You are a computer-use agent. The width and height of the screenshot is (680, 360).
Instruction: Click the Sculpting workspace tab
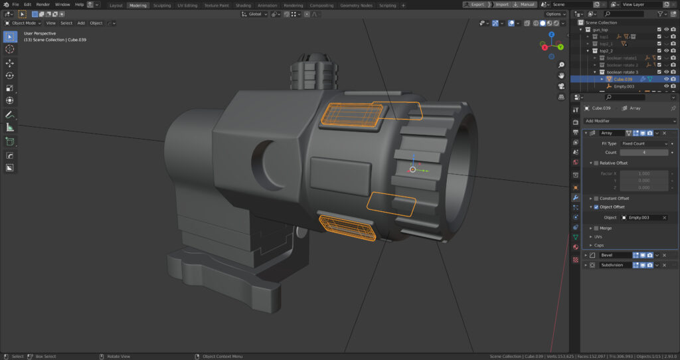click(162, 5)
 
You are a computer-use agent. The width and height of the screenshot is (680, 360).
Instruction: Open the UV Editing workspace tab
click(187, 5)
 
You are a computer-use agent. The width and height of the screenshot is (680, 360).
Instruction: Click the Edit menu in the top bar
click(27, 5)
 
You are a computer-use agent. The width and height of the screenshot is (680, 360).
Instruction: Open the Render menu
click(42, 5)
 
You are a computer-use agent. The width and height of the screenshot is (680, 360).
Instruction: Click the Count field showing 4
click(643, 152)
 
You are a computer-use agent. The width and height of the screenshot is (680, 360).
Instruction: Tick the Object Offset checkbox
click(596, 207)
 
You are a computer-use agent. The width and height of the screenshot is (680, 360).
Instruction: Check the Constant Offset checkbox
click(596, 198)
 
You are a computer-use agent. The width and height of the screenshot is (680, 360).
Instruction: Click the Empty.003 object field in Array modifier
click(644, 217)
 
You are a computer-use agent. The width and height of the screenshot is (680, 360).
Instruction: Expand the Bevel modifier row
click(586, 255)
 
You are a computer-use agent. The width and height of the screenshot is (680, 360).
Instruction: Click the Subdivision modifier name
click(614, 265)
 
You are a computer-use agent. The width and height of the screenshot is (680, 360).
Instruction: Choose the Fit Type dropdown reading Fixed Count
click(644, 143)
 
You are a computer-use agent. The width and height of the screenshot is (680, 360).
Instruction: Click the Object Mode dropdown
click(23, 23)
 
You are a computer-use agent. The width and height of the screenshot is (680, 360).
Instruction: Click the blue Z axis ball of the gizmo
click(552, 35)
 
